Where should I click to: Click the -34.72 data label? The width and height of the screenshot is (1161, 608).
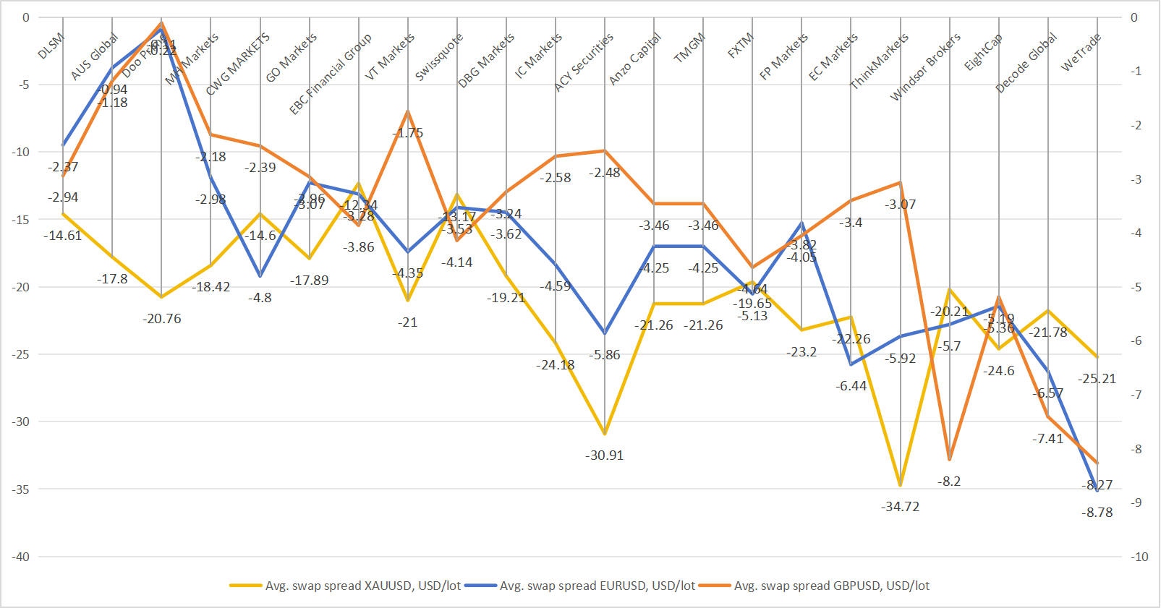900,507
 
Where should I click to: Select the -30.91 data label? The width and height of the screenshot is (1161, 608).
605,455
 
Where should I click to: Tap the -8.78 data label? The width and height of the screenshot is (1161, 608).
1097,513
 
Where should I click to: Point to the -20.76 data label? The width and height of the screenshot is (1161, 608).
162,319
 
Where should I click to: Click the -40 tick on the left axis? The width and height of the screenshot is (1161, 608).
20,557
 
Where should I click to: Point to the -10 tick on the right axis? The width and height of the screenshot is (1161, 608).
1139,557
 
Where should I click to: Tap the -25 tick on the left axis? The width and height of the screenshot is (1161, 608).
20,354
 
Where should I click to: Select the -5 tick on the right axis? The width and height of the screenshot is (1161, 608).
1136,287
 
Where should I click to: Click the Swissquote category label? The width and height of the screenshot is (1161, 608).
439,57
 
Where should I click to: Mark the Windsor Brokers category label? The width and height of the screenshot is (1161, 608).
925,67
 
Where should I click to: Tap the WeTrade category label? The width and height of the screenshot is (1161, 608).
1081,52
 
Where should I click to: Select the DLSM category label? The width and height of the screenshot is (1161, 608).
51,46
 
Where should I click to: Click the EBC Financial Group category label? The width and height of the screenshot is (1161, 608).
331,74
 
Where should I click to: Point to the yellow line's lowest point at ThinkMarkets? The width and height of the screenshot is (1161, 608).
900,485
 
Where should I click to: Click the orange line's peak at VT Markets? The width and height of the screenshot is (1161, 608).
408,111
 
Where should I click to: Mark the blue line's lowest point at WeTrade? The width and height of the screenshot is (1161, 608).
1097,491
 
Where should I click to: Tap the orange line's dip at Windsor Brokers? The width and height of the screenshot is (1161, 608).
949,460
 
